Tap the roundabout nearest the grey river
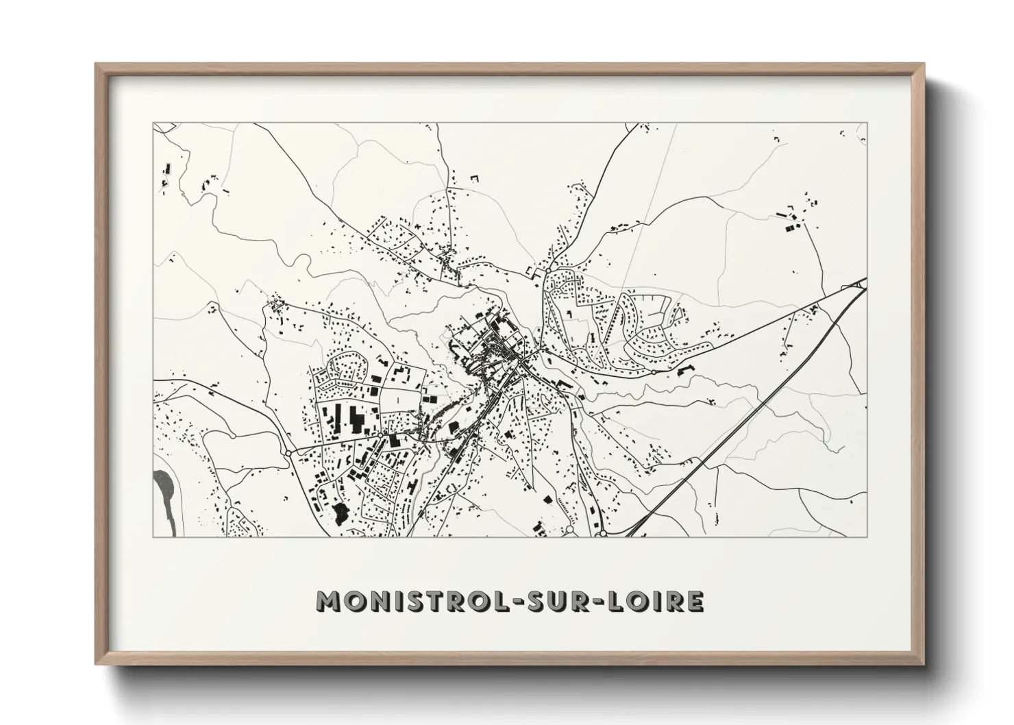pyautogui.click(x=288, y=453)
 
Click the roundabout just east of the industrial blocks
pyautogui.click(x=380, y=435)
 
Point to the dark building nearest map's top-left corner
pyautogui.click(x=166, y=168)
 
